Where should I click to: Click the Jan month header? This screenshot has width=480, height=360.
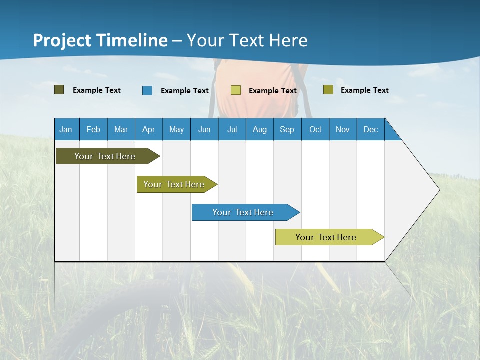[66, 129]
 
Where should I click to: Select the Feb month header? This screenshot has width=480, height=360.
[93, 129]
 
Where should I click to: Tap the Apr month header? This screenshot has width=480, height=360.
[148, 129]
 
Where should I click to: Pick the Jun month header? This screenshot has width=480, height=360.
[204, 129]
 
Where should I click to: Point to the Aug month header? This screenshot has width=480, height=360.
[259, 129]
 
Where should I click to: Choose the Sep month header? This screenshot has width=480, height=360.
[287, 129]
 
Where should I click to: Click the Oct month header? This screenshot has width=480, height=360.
[315, 129]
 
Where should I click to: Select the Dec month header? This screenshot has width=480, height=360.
[370, 129]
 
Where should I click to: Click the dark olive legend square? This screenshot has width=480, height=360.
[59, 90]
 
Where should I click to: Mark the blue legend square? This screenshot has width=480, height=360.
[147, 90]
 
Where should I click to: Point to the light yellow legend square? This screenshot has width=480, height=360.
[236, 90]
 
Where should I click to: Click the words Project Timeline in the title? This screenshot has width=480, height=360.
[100, 40]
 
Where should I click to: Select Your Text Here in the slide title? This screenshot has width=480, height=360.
[247, 40]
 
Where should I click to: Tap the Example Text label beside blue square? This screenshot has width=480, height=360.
[184, 91]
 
